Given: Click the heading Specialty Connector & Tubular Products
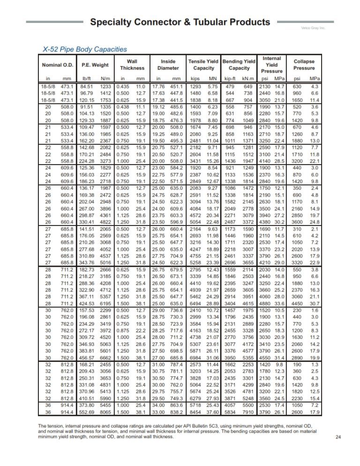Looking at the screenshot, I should tap(180, 22).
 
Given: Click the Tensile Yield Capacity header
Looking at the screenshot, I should tap(204, 65).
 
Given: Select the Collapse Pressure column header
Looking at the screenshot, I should tap(304, 65).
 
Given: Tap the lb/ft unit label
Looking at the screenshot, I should tap(86, 78).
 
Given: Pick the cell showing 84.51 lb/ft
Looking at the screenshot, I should tap(87, 87).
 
